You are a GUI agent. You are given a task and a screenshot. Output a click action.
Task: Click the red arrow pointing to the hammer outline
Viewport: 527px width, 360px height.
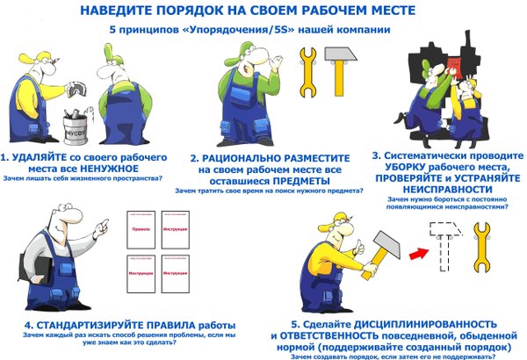415,251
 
